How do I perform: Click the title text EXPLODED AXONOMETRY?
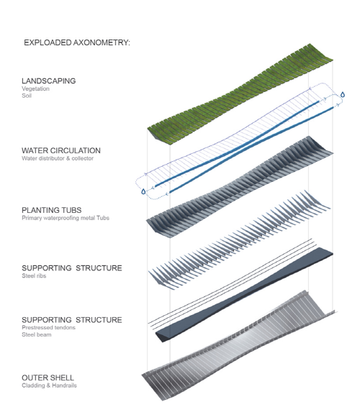[77, 42]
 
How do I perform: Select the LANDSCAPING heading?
[48, 81]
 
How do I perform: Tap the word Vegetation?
[35, 88]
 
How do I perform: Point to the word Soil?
[27, 96]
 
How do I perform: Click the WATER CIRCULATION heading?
[61, 150]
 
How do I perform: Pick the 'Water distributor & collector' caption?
[58, 158]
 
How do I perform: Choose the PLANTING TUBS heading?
[52, 210]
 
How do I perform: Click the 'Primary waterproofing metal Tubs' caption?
[66, 218]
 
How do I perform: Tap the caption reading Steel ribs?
[34, 276]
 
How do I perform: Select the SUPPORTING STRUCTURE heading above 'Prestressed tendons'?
[72, 320]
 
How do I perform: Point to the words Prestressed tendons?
[48, 328]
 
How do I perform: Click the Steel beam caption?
[37, 334]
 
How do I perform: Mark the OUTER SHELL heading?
[48, 378]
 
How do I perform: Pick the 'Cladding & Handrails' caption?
[50, 385]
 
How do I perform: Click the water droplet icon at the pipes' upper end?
[343, 94]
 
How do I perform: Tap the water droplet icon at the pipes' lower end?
[143, 191]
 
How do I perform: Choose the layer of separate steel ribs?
[239, 239]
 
